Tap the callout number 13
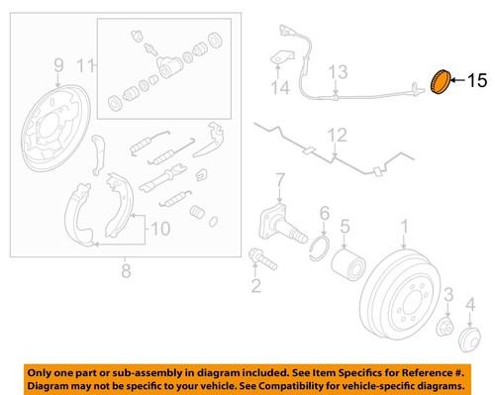click(x=339, y=71)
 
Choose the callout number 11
click(x=86, y=66)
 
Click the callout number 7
click(x=280, y=180)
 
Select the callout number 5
click(x=344, y=227)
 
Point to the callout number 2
click(x=255, y=287)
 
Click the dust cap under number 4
click(x=469, y=341)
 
